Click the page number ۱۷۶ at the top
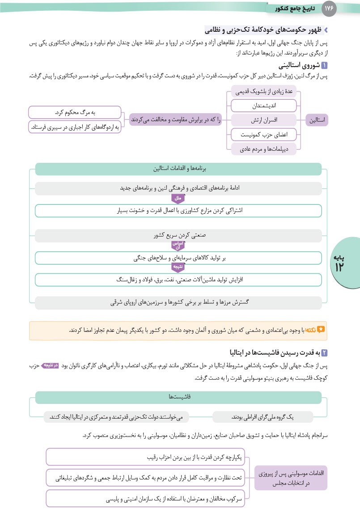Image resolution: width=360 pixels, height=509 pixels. [x=328, y=8]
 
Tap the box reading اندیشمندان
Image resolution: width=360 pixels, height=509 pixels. [x=263, y=106]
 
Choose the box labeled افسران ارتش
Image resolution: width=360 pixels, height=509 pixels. [x=263, y=120]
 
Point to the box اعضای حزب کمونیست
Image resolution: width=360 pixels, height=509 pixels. [x=263, y=134]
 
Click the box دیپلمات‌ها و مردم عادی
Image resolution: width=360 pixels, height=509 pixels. [x=263, y=148]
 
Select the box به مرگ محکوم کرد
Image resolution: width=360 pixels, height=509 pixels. [x=75, y=112]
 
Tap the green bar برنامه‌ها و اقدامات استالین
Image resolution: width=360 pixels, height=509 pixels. [x=178, y=169]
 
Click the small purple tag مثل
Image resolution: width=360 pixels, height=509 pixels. [x=178, y=198]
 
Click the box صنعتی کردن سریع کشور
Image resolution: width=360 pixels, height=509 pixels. [x=178, y=235]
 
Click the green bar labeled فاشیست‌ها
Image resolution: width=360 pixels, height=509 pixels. [x=178, y=397]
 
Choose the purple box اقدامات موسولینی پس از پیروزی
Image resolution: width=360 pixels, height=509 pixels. [x=291, y=477]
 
